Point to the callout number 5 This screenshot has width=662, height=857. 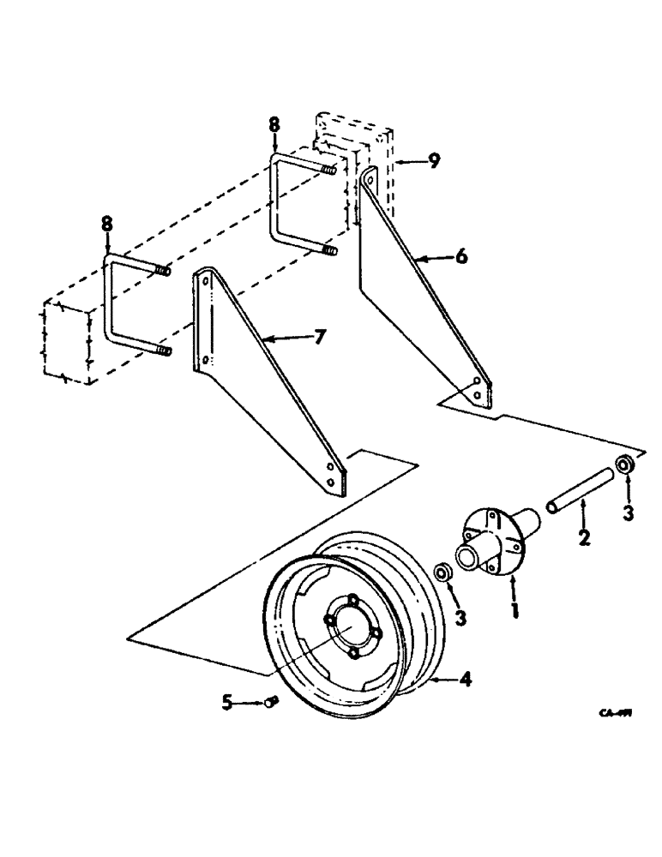click(227, 702)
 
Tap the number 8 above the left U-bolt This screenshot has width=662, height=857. click(106, 225)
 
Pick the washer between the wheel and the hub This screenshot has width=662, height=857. click(442, 572)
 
